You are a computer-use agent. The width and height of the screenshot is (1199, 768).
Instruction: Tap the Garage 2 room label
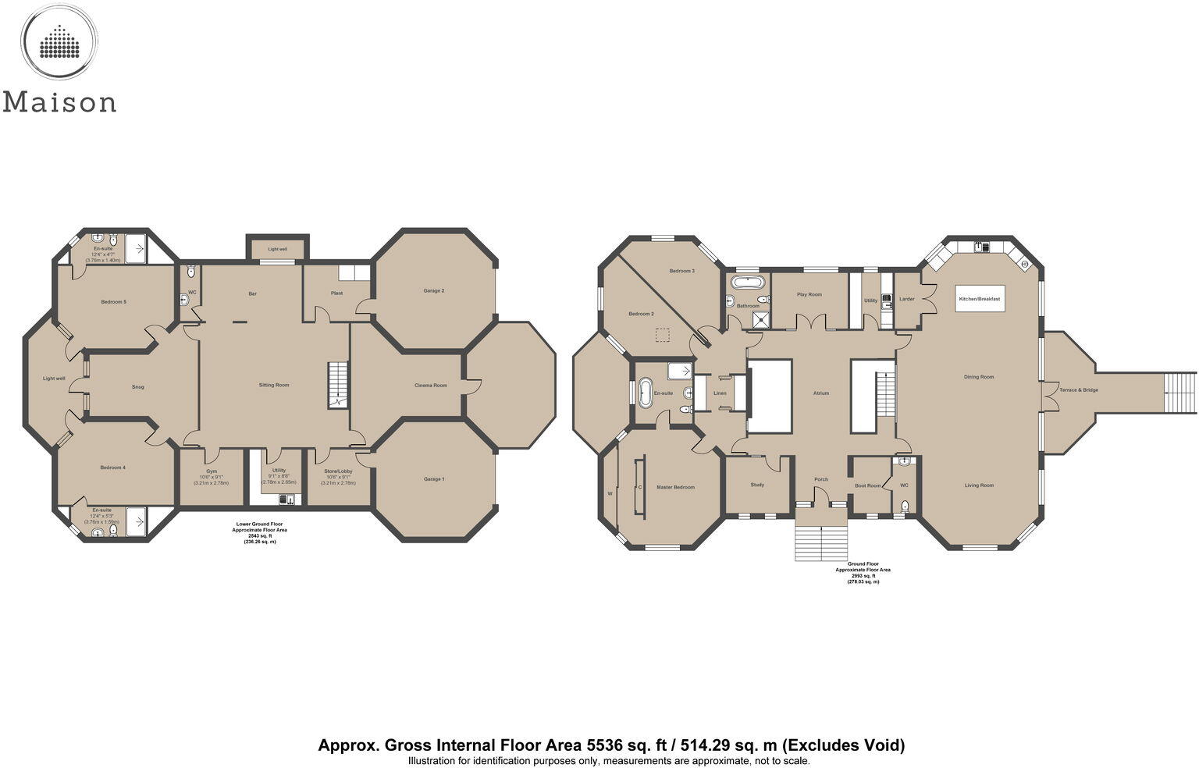[433, 290]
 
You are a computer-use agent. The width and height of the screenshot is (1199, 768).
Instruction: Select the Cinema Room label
[430, 385]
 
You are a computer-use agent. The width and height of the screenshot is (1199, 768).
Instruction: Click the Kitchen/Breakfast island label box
[979, 299]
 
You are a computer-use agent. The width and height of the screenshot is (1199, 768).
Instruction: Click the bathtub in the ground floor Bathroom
[748, 282]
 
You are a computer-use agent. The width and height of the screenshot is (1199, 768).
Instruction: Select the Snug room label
[137, 386]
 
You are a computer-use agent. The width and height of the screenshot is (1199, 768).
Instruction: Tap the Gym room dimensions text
[211, 480]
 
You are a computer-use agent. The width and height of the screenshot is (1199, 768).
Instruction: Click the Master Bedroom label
[675, 487]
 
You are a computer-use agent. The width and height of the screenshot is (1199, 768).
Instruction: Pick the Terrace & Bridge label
[1078, 389]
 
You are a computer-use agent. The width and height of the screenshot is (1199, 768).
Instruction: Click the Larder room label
[906, 299]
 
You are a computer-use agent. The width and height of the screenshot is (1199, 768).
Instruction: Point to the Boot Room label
[867, 485]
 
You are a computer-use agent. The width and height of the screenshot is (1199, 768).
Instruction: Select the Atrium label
[820, 393]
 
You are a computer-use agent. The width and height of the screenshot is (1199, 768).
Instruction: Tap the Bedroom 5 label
[113, 301]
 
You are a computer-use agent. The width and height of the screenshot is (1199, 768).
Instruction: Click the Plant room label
[336, 293]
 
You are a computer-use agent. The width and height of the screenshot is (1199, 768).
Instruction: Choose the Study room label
[757, 485]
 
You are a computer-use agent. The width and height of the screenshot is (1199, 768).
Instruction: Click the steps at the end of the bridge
[1179, 393]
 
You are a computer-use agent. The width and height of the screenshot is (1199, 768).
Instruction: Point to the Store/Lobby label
[338, 471]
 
